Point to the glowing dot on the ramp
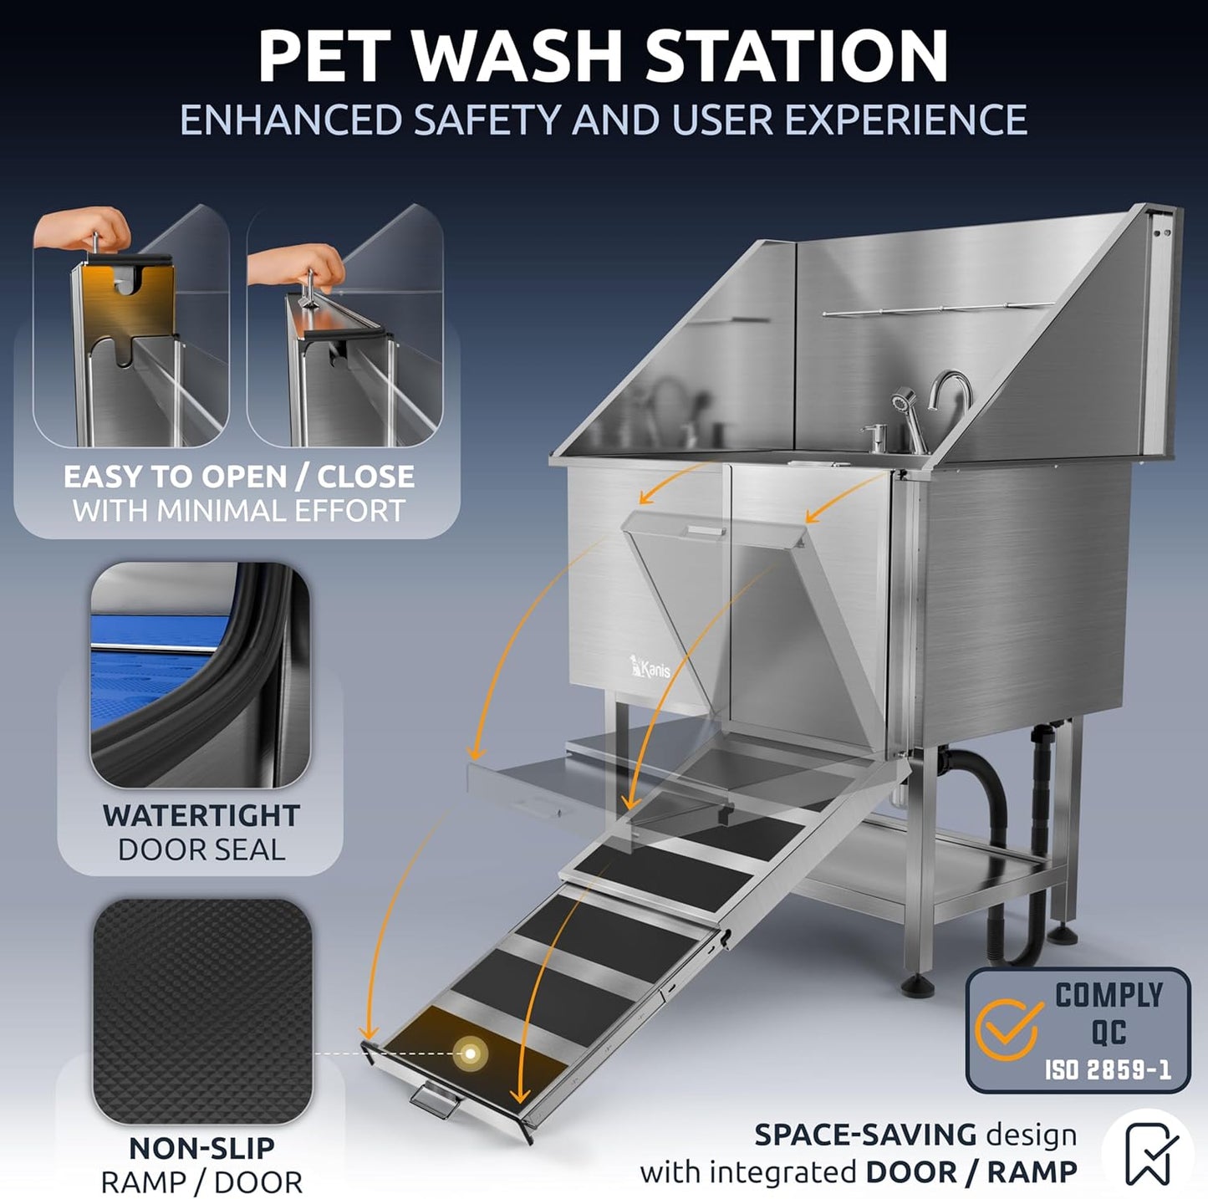tap(471, 1053)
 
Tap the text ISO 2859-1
tap(1107, 1069)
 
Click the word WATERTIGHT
tap(201, 815)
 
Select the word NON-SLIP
tap(201, 1148)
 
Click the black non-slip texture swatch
tap(202, 1011)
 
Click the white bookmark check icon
tap(1148, 1154)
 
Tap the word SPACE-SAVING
tap(864, 1135)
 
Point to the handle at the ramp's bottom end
tap(433, 1099)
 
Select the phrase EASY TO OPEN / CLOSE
tap(238, 477)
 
